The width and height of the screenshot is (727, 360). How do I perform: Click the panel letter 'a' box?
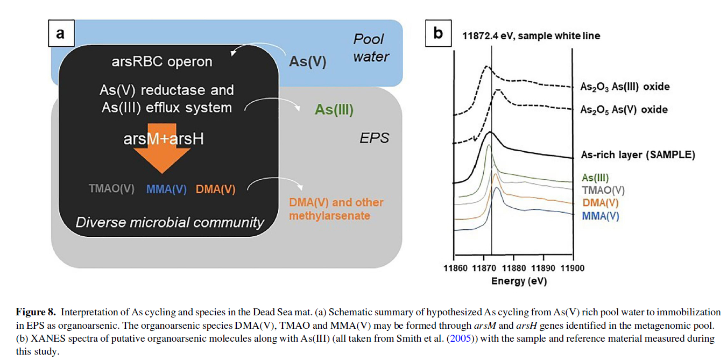pyautogui.click(x=60, y=33)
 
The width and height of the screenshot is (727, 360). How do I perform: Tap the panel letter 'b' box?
pyautogui.click(x=438, y=33)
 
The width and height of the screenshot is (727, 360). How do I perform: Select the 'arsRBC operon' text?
pyautogui.click(x=162, y=61)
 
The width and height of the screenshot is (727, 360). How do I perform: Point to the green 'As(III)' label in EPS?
pyautogui.click(x=334, y=110)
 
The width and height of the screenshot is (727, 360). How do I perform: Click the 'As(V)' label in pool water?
pyautogui.click(x=308, y=61)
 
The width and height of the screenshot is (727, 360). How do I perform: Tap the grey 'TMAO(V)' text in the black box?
pyautogui.click(x=111, y=189)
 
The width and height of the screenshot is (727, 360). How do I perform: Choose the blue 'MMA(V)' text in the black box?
pyautogui.click(x=166, y=189)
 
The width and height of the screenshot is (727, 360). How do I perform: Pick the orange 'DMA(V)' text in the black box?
pyautogui.click(x=215, y=189)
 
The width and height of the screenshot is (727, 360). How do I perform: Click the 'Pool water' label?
pyautogui.click(x=370, y=47)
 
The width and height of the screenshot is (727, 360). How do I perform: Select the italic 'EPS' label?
pyautogui.click(x=374, y=138)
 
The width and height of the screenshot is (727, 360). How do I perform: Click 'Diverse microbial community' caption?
pyautogui.click(x=170, y=222)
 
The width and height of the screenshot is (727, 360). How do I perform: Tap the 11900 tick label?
pyautogui.click(x=571, y=268)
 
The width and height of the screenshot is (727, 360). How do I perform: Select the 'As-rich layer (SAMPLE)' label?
pyautogui.click(x=638, y=154)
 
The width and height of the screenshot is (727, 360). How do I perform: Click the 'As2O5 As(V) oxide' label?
pyautogui.click(x=624, y=109)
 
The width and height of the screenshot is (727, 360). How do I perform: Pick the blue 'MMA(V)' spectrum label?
pyautogui.click(x=600, y=216)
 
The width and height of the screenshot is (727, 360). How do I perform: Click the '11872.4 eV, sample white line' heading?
pyautogui.click(x=531, y=36)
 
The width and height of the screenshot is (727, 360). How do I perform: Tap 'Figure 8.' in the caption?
pyautogui.click(x=36, y=312)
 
